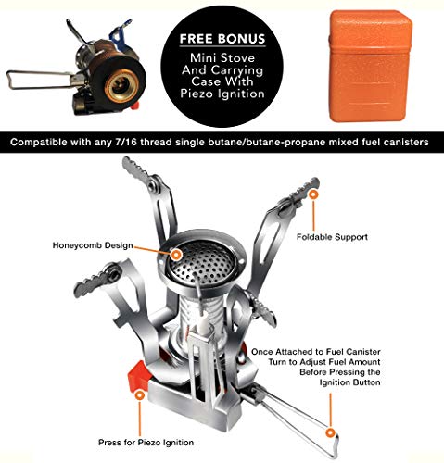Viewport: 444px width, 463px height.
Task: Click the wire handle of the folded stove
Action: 28,79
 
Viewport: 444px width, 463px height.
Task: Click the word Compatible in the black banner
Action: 45,144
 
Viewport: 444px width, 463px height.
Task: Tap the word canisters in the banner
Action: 402,144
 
